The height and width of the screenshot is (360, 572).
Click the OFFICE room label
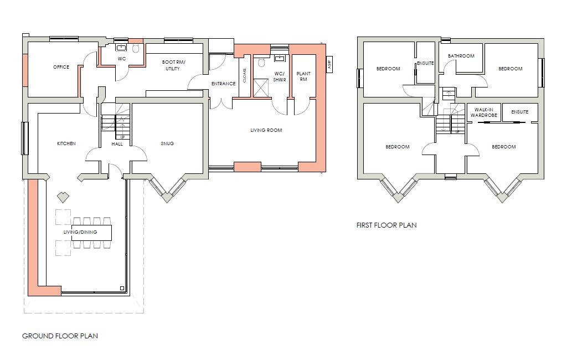61,68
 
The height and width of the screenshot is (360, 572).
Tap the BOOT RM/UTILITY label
174,65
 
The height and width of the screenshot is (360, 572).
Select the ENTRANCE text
224,84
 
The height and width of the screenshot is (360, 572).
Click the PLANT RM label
303,76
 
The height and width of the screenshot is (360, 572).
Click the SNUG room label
167,143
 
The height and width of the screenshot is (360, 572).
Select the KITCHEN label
66,143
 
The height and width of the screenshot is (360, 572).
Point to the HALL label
117,143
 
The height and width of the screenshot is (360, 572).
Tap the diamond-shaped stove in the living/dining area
62,197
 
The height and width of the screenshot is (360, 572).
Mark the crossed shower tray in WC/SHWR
261,86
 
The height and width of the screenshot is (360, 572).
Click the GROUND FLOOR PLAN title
60,336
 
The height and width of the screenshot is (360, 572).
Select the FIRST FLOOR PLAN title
387,225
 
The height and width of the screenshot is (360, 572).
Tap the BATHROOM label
461,56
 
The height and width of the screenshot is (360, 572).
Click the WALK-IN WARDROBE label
484,112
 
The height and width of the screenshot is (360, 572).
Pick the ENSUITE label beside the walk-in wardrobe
519,112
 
